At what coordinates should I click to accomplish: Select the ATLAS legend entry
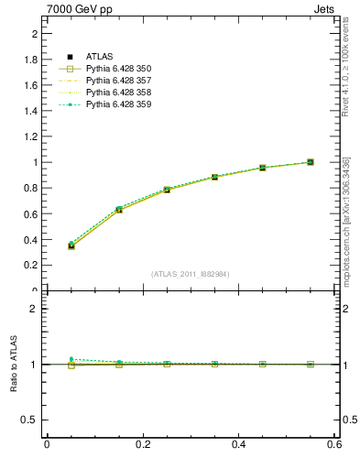pos(100,57)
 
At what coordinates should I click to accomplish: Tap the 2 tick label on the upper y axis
pos(34,34)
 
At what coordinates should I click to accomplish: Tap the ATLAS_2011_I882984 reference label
pos(191,274)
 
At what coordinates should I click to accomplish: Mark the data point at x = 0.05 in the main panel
pos(71,245)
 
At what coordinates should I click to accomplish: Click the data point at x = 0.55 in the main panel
pos(311,162)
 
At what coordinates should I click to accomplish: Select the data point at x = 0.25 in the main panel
pos(167,190)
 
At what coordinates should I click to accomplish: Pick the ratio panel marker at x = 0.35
pos(214,364)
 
